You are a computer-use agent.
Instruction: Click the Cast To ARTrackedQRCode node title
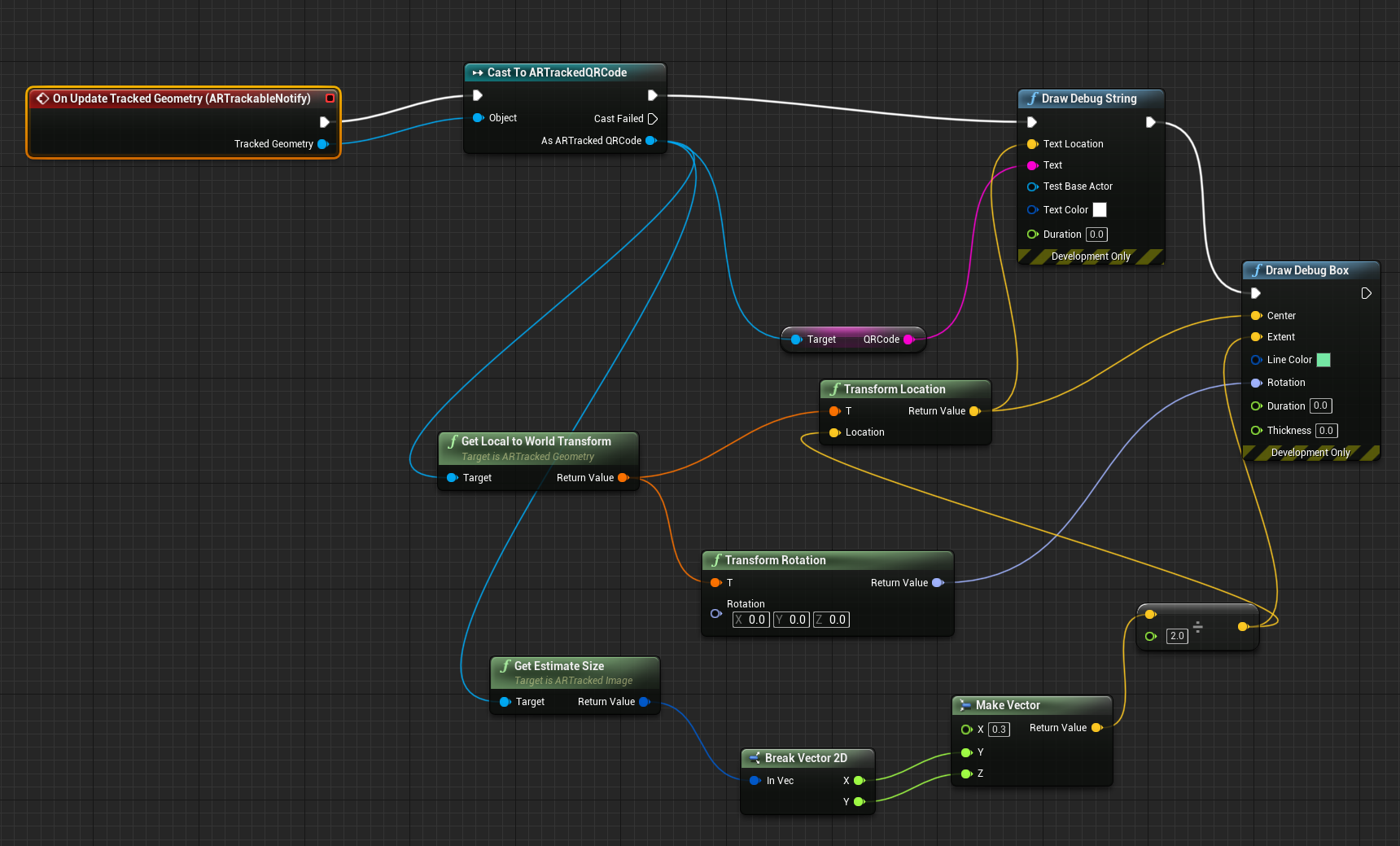[557, 72]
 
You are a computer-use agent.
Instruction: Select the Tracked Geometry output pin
[322, 144]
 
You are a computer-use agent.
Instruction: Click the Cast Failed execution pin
[652, 119]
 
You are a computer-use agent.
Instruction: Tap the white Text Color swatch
[1100, 210]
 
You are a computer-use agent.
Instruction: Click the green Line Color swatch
[1323, 360]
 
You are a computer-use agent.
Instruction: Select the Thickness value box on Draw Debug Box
[1326, 431]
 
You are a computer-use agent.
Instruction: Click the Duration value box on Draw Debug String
[1096, 235]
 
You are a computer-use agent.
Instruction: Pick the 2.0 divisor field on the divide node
[1177, 636]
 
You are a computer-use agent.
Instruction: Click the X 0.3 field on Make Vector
[999, 730]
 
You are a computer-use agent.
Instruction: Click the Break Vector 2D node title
[806, 758]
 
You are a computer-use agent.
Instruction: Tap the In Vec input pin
[755, 781]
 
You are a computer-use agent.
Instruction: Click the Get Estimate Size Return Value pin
[644, 702]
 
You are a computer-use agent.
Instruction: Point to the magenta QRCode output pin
[908, 340]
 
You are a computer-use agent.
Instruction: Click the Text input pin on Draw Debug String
[1032, 165]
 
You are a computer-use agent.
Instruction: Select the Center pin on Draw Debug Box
[1256, 316]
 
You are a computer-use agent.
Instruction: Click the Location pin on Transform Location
[834, 432]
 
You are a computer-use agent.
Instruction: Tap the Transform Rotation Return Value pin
[937, 583]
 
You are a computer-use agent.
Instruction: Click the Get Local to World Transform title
[536, 441]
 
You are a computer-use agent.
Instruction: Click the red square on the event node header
[330, 99]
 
